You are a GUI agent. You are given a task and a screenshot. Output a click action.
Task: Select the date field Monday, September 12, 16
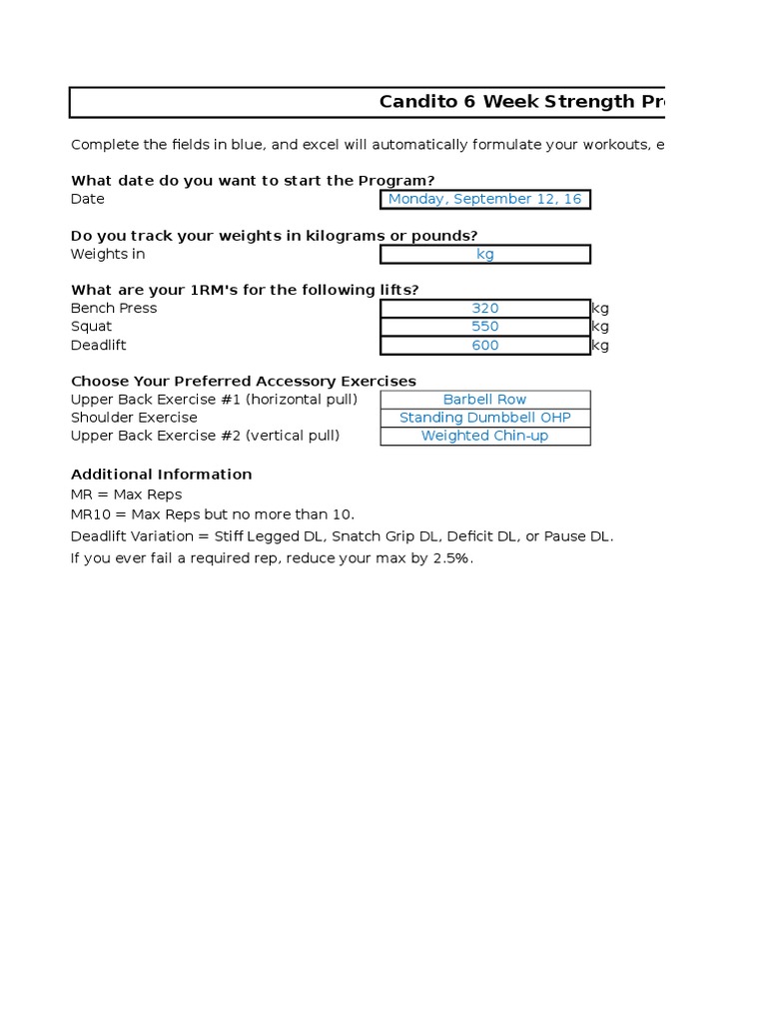(x=484, y=199)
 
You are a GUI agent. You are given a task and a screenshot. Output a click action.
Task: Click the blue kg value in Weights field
(x=484, y=254)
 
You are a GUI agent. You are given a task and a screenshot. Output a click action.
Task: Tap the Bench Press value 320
(x=484, y=309)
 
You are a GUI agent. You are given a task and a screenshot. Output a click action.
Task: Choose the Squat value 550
(x=484, y=327)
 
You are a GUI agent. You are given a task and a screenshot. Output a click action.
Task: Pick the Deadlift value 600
(x=484, y=346)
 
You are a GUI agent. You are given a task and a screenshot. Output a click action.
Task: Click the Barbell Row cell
(x=484, y=400)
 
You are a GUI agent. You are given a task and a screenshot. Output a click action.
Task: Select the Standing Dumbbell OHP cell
(x=484, y=418)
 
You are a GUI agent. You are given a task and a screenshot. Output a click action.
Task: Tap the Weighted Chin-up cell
(x=484, y=436)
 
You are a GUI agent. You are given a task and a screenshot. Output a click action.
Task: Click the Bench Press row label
(x=114, y=309)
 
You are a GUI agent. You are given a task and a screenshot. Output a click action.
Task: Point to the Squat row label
(x=91, y=327)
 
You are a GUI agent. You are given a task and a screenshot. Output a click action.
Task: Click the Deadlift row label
(x=99, y=346)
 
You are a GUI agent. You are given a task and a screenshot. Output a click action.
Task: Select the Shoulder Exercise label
(x=134, y=418)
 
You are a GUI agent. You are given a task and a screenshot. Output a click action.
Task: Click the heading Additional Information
(x=161, y=475)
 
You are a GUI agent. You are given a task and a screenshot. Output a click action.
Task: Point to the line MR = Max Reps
(x=126, y=495)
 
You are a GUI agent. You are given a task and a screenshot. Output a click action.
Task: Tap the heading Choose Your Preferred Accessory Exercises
(x=243, y=382)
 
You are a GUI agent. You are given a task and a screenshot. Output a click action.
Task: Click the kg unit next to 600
(x=600, y=346)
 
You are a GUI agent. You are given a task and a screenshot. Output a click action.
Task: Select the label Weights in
(x=107, y=254)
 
